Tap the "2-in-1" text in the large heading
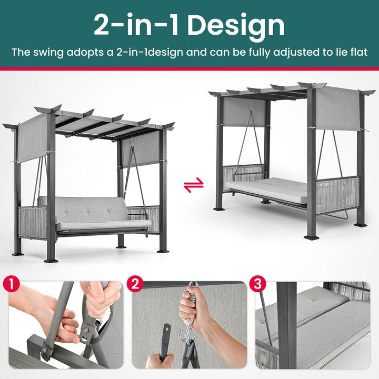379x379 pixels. pyautogui.click(x=136, y=25)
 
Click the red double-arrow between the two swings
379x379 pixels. pyautogui.click(x=194, y=185)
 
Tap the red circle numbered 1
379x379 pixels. pyautogui.click(x=12, y=284)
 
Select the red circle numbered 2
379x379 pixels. pyautogui.click(x=135, y=284)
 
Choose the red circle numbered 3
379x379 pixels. pyautogui.click(x=257, y=284)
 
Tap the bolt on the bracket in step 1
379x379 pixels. pyautogui.click(x=87, y=329)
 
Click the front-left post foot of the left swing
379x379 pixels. pyautogui.click(x=51, y=261)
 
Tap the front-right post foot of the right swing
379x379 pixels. pyautogui.click(x=311, y=237)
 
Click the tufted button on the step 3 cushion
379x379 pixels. pyautogui.click(x=314, y=301)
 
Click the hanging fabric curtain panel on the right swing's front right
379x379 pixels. pyautogui.click(x=337, y=109)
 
